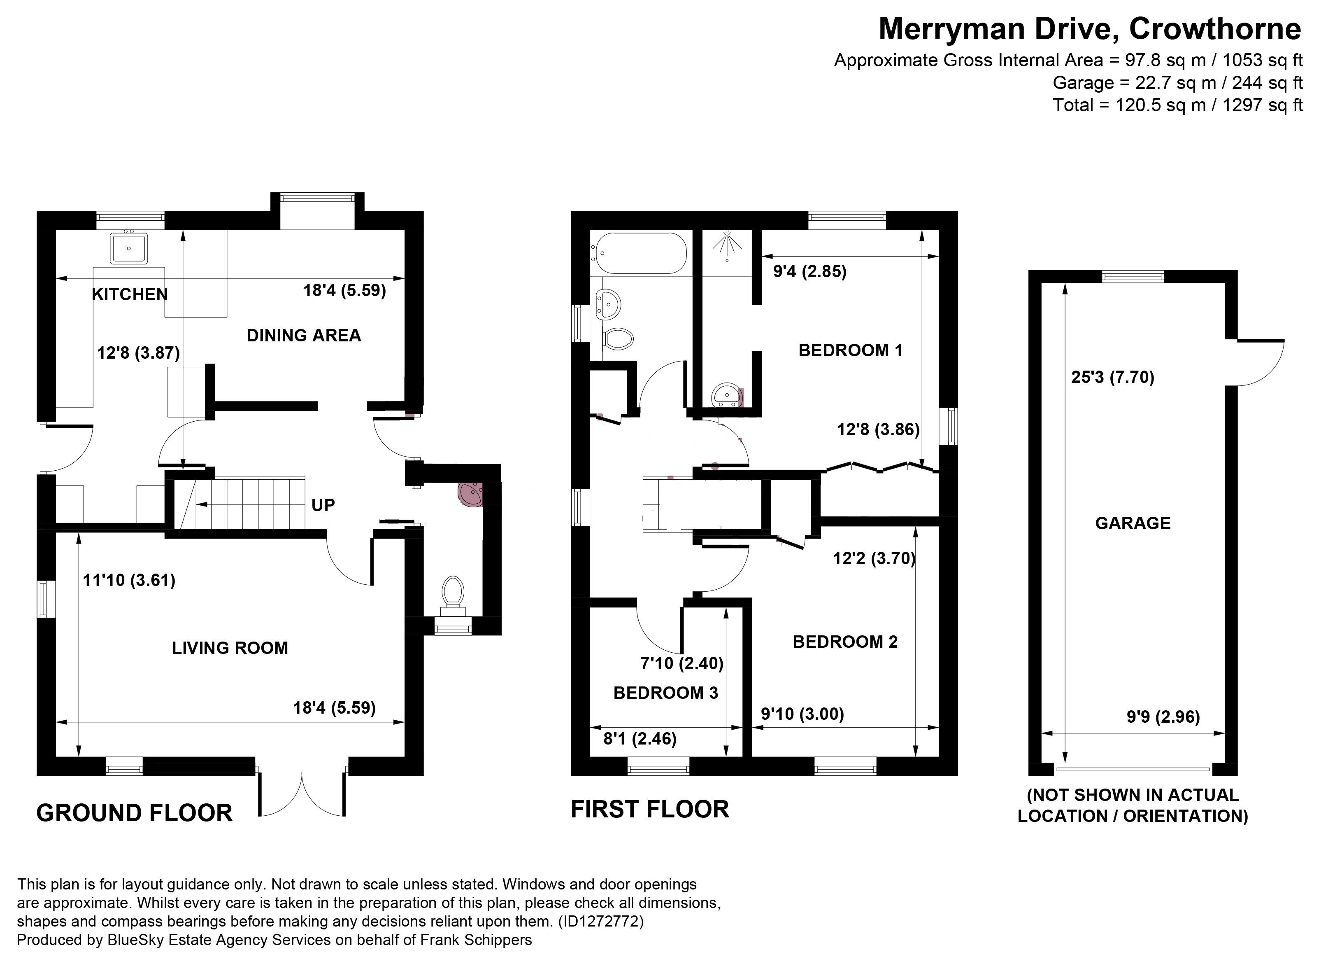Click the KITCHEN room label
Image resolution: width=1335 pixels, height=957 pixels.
coord(130,294)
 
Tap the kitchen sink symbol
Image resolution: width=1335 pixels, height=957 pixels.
coord(129,248)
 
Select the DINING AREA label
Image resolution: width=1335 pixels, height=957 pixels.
coord(303,336)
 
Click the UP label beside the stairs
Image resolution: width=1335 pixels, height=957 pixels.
coord(323,505)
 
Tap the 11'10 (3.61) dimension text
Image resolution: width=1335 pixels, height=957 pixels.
coord(129,581)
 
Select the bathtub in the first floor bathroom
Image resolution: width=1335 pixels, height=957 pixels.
coord(640,253)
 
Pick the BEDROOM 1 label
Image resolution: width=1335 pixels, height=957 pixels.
coord(850,350)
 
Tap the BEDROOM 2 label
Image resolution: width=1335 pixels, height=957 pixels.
coord(845,642)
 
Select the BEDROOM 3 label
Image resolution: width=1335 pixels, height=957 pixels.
coord(666,693)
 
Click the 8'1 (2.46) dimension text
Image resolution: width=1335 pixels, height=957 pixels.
coord(640,738)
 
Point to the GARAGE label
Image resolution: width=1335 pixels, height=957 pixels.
coord(1133,523)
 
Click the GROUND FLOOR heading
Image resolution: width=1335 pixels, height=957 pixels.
coord(134,813)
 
